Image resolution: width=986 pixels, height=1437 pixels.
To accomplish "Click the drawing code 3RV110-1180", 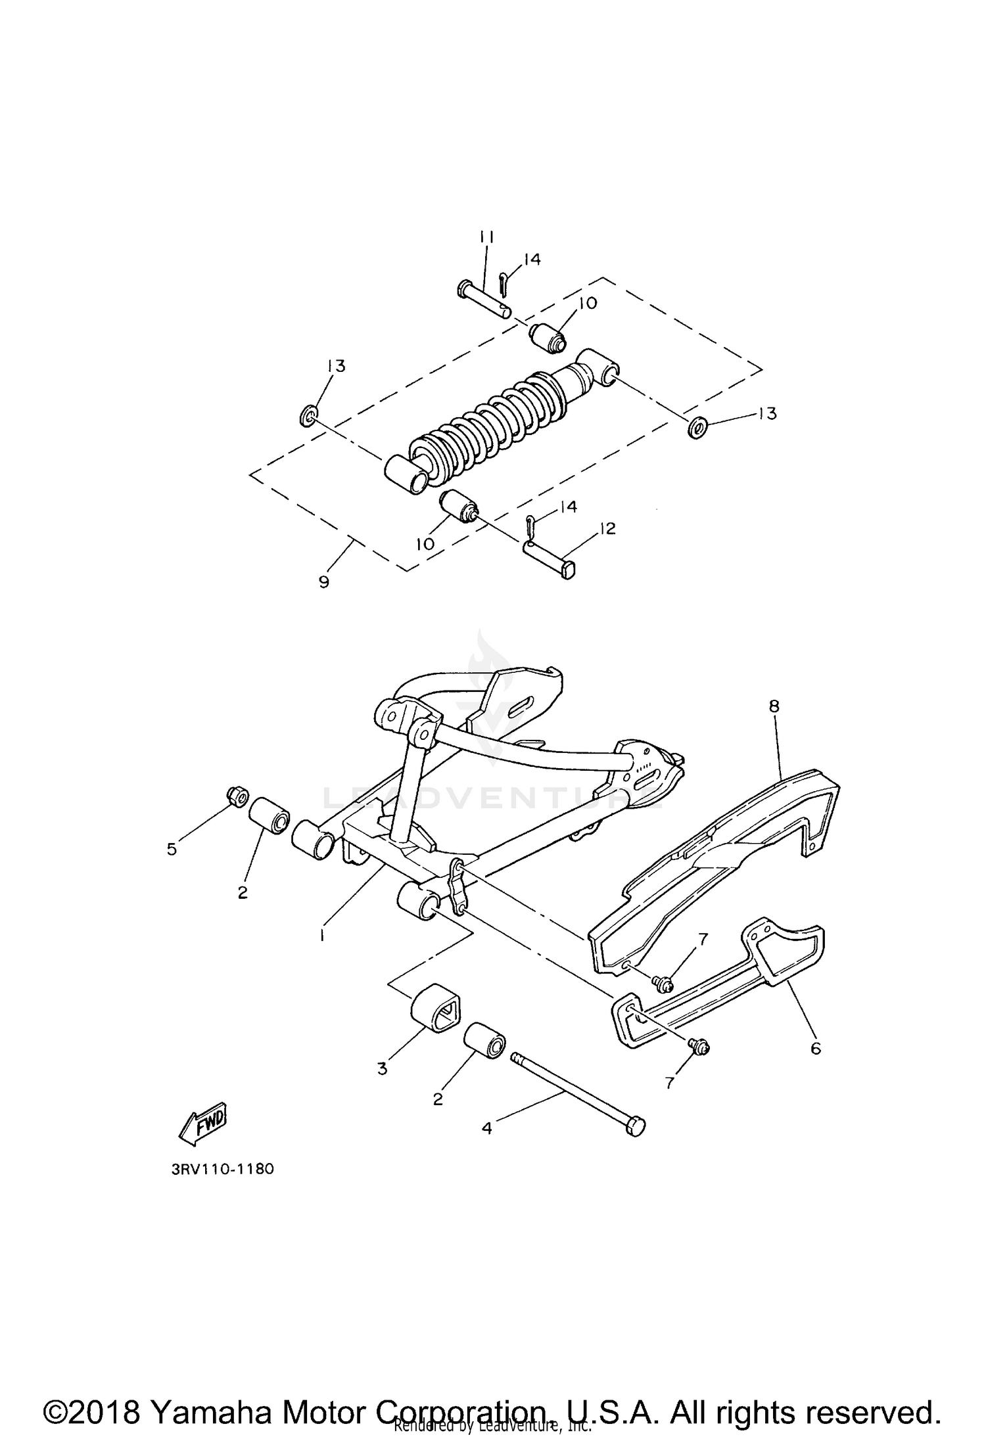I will (x=223, y=1170).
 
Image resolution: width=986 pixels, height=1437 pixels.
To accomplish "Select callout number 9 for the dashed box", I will (x=323, y=582).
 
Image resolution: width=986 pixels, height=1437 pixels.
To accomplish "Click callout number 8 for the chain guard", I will (x=774, y=706).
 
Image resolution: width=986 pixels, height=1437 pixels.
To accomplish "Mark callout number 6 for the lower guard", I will (x=815, y=1049).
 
